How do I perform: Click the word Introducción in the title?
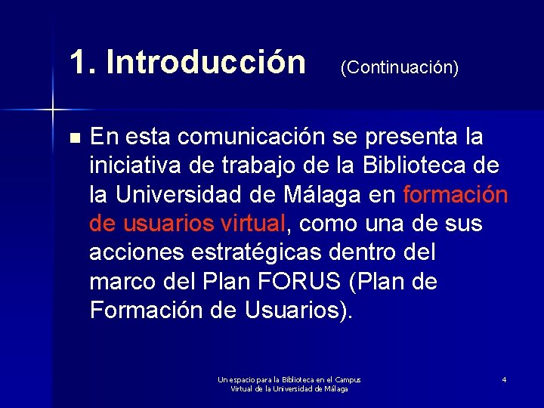(x=206, y=63)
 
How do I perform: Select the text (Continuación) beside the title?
(x=399, y=68)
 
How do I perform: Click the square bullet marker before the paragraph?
(x=73, y=139)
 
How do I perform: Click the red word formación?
(x=456, y=195)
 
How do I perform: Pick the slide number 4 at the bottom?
(x=503, y=379)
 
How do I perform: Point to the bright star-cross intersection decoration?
(x=53, y=110)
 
